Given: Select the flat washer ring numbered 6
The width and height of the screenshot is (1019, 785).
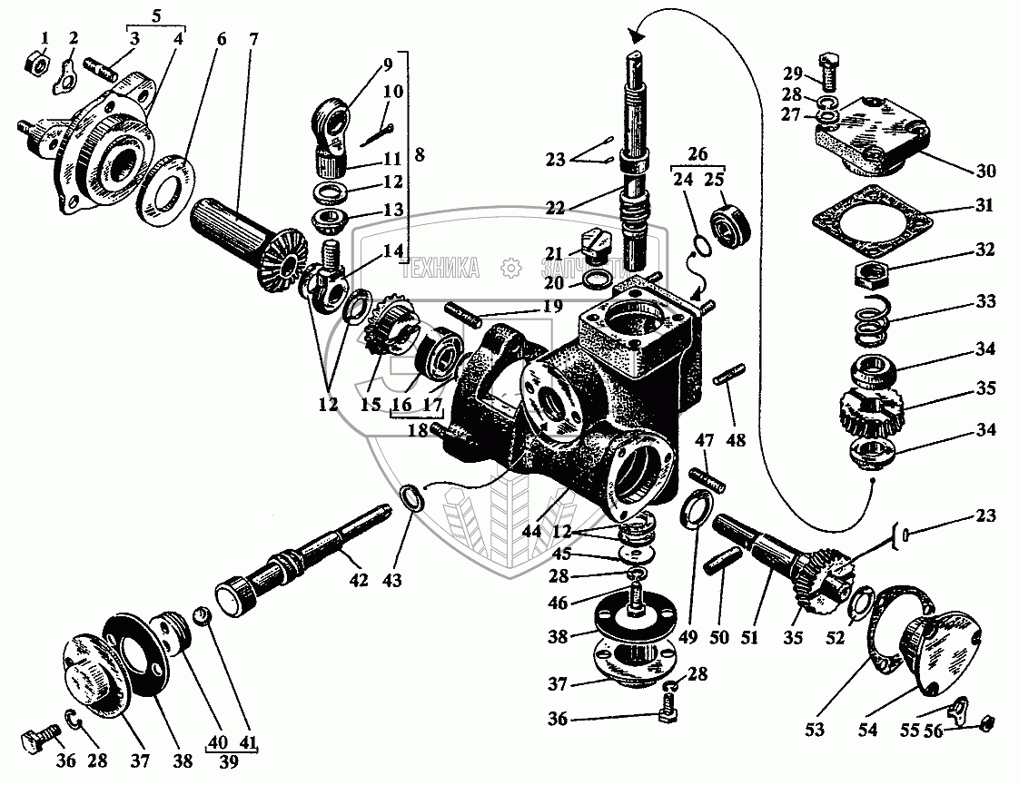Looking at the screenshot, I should [x=166, y=185].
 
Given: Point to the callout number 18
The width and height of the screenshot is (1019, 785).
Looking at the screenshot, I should [x=419, y=431].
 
